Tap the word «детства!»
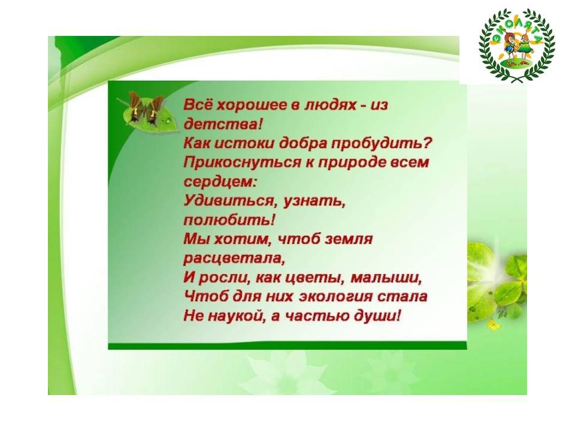click(x=223, y=125)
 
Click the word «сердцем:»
click(x=220, y=182)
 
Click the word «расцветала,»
click(x=234, y=259)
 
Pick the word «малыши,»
click(x=386, y=278)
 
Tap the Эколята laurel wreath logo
click(x=517, y=45)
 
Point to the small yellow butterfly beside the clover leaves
click(x=492, y=324)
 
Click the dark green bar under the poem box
click(x=287, y=345)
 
